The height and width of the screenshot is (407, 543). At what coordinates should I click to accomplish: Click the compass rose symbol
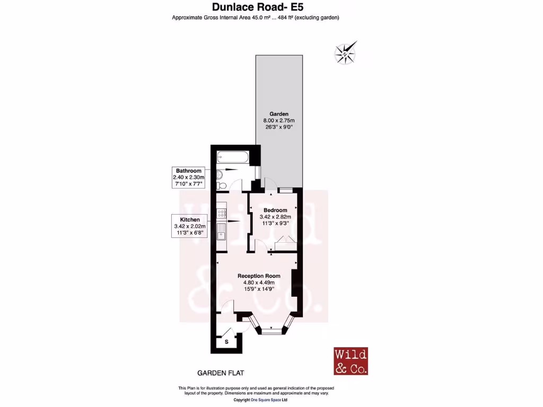[345, 54]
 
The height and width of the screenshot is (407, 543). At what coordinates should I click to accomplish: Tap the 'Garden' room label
[279, 114]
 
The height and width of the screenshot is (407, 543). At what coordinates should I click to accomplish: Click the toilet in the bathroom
[221, 184]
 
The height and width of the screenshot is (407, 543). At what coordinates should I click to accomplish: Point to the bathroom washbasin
[220, 172]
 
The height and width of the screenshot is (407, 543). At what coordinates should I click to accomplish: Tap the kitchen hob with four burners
[221, 214]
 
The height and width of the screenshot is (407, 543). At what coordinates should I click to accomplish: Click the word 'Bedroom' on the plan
[276, 210]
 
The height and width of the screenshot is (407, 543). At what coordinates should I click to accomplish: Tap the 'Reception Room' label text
[259, 276]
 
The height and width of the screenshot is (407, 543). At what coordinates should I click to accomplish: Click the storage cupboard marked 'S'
[227, 342]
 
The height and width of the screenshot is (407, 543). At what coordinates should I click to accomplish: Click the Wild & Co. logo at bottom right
[351, 361]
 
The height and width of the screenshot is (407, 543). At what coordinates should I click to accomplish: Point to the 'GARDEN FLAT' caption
[216, 373]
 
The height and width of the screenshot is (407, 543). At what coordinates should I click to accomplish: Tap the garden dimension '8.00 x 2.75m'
[279, 121]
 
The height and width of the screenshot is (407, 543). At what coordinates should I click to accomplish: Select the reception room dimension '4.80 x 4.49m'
[259, 282]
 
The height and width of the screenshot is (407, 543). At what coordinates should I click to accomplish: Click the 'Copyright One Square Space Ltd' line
[260, 400]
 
